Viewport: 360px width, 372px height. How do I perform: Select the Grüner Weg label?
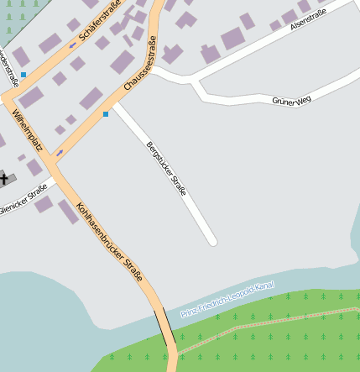[291, 101]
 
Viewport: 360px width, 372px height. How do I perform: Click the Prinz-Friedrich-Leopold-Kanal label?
[227, 299]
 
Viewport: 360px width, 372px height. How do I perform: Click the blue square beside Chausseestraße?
[106, 113]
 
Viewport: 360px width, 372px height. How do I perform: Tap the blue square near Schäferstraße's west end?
[23, 75]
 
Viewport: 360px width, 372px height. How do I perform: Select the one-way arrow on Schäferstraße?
[72, 45]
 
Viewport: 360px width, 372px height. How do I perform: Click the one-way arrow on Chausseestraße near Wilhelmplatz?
[60, 153]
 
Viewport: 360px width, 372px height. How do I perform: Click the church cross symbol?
[3, 177]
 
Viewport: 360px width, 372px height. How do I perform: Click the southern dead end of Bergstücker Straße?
[212, 241]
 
